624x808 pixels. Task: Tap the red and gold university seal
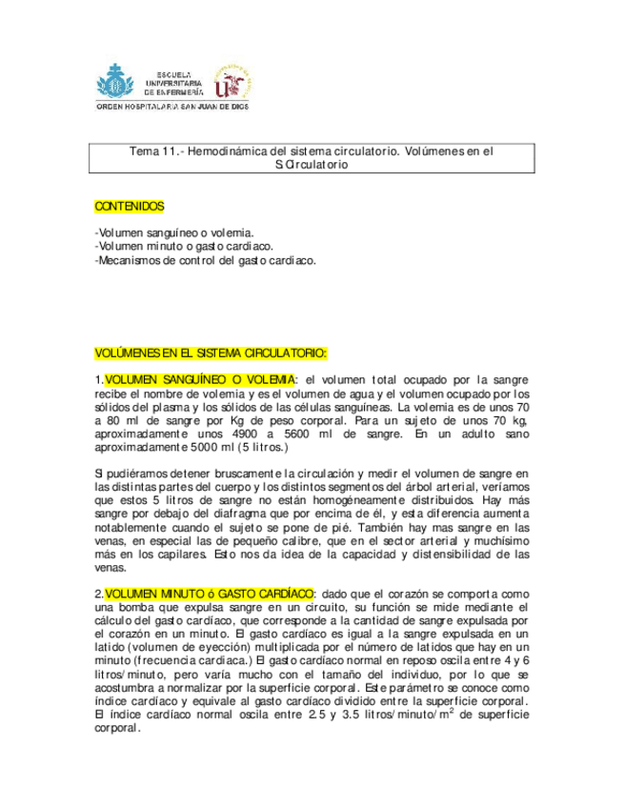pyautogui.click(x=232, y=82)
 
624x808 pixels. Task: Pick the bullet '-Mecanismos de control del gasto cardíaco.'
pyautogui.click(x=205, y=259)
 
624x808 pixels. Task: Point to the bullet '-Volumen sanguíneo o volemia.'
pyautogui.click(x=174, y=232)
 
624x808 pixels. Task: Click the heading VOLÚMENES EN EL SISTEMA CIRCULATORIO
pyautogui.click(x=211, y=353)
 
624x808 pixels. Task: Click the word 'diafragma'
pyautogui.click(x=233, y=513)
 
